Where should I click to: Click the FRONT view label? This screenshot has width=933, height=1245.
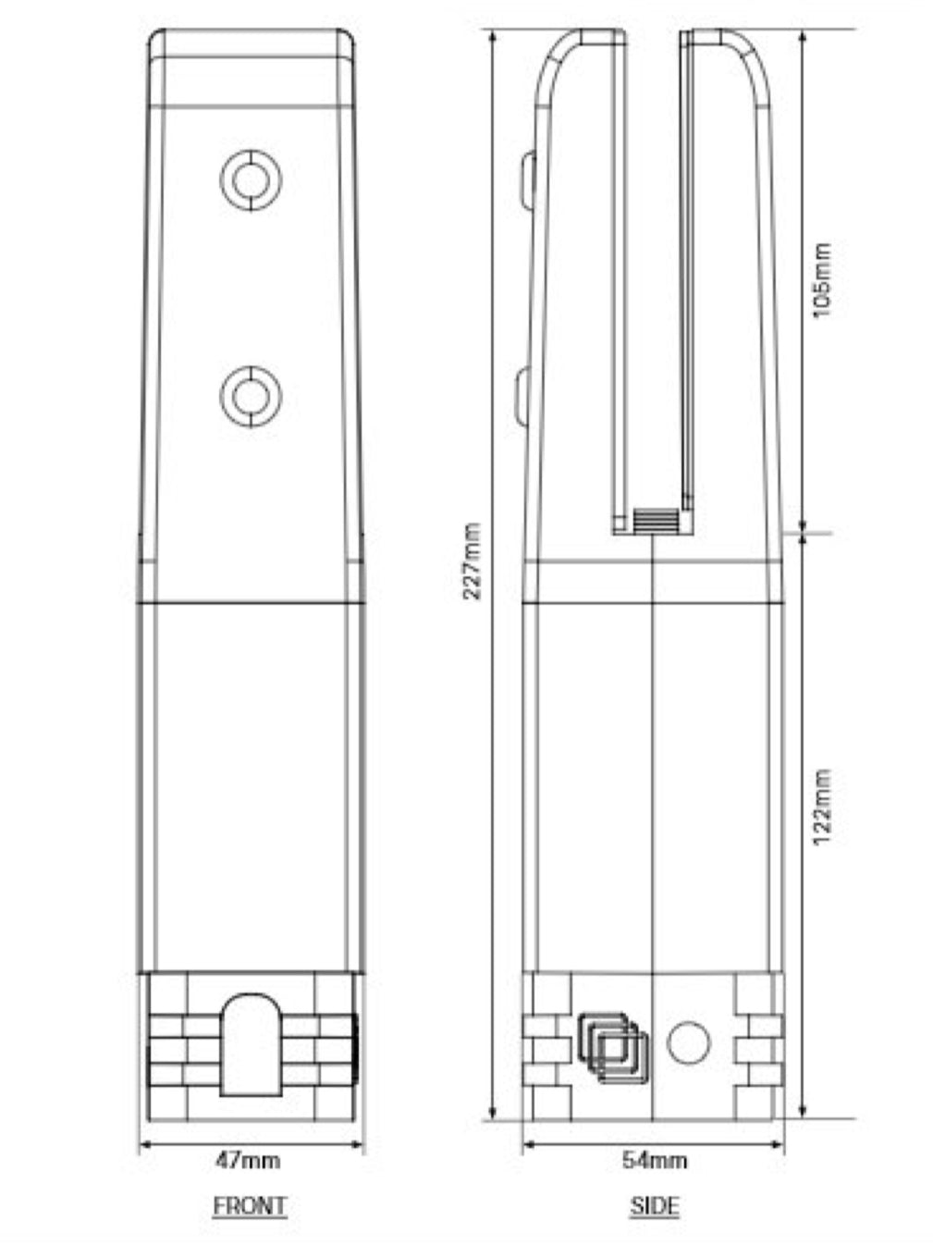[250, 1206]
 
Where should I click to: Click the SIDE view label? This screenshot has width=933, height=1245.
[654, 1206]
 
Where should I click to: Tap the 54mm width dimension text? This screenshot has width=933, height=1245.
[655, 1160]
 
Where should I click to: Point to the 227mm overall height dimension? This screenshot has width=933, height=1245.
[472, 561]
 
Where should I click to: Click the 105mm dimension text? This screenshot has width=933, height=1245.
[822, 279]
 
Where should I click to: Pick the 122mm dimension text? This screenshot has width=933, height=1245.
[822, 806]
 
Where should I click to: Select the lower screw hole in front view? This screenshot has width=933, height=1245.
[251, 397]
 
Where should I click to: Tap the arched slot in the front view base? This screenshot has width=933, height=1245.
[251, 1045]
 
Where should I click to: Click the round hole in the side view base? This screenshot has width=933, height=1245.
[688, 1042]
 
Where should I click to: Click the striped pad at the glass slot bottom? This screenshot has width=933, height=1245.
[654, 521]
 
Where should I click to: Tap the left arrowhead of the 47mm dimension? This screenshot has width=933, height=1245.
[143, 1147]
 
